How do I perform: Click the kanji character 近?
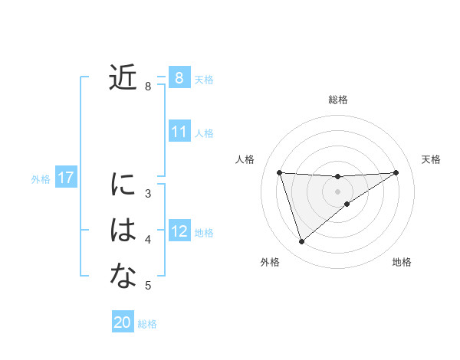pyautogui.click(x=123, y=77)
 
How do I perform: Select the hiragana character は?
pyautogui.click(x=123, y=230)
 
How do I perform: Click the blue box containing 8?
pyautogui.click(x=179, y=77)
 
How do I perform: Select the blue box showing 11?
pyautogui.click(x=179, y=132)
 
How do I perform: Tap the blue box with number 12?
pyautogui.click(x=179, y=231)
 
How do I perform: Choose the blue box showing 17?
pyautogui.click(x=66, y=178)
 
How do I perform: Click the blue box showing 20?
pyautogui.click(x=123, y=322)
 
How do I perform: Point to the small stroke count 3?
pyautogui.click(x=148, y=194)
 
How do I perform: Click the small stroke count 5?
pyautogui.click(x=148, y=286)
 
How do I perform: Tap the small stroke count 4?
pyautogui.click(x=148, y=240)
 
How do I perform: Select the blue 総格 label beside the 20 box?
pyautogui.click(x=147, y=324)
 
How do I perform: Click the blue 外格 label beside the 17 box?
pyautogui.click(x=41, y=179)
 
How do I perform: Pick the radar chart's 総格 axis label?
pyautogui.click(x=337, y=100)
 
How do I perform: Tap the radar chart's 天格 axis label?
pyautogui.click(x=431, y=159)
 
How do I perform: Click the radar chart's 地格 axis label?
pyautogui.click(x=402, y=262)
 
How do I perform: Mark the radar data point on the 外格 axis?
pyautogui.click(x=301, y=242)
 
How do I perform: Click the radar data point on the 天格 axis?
pyautogui.click(x=396, y=172)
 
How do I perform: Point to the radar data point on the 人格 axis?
pyautogui.click(x=279, y=172)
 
